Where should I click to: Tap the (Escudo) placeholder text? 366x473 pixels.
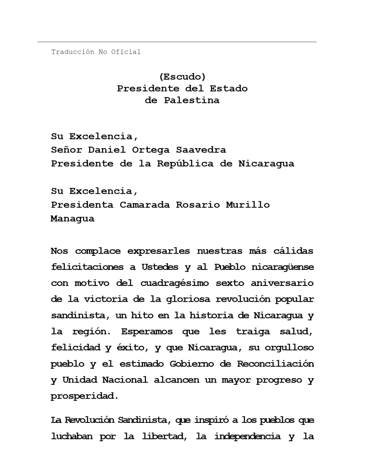click(x=182, y=77)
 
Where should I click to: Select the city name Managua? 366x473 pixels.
click(x=72, y=219)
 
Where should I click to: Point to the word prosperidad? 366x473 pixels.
click(x=84, y=396)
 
